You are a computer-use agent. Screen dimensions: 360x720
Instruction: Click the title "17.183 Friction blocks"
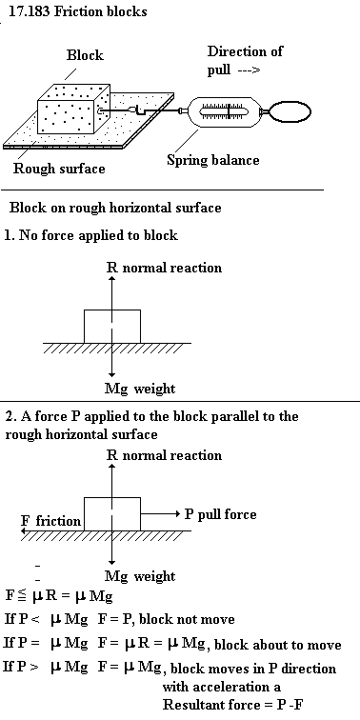pyautogui.click(x=77, y=11)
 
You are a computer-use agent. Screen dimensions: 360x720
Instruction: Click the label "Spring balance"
pyautogui.click(x=212, y=160)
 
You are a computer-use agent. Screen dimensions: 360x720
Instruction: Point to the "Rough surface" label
pyautogui.click(x=59, y=169)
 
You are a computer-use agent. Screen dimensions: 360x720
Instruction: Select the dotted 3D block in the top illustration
pyautogui.click(x=73, y=109)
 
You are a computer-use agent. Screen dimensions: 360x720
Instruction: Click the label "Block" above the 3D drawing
pyautogui.click(x=85, y=55)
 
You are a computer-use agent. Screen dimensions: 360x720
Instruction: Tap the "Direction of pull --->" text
pyautogui.click(x=245, y=60)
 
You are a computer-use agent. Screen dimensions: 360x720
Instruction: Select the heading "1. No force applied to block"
pyautogui.click(x=90, y=235)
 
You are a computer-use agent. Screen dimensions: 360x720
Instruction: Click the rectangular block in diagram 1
pyautogui.click(x=112, y=326)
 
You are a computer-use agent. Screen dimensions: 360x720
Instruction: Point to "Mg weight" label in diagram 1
pyautogui.click(x=140, y=389)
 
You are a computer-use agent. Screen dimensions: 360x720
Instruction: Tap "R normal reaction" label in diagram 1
pyautogui.click(x=164, y=268)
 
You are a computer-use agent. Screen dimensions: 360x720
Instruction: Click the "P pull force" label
pyautogui.click(x=220, y=514)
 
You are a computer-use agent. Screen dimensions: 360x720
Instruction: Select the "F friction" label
pyautogui.click(x=51, y=521)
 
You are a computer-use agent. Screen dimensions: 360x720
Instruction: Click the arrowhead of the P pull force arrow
pyautogui.click(x=177, y=514)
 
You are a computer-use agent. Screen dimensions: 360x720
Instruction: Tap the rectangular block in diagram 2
pyautogui.click(x=112, y=514)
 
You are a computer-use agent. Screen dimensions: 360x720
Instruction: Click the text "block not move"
pyautogui.click(x=187, y=619)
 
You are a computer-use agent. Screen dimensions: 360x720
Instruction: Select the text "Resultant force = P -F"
pyautogui.click(x=234, y=704)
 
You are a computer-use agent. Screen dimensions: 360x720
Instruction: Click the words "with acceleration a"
pyautogui.click(x=222, y=687)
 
